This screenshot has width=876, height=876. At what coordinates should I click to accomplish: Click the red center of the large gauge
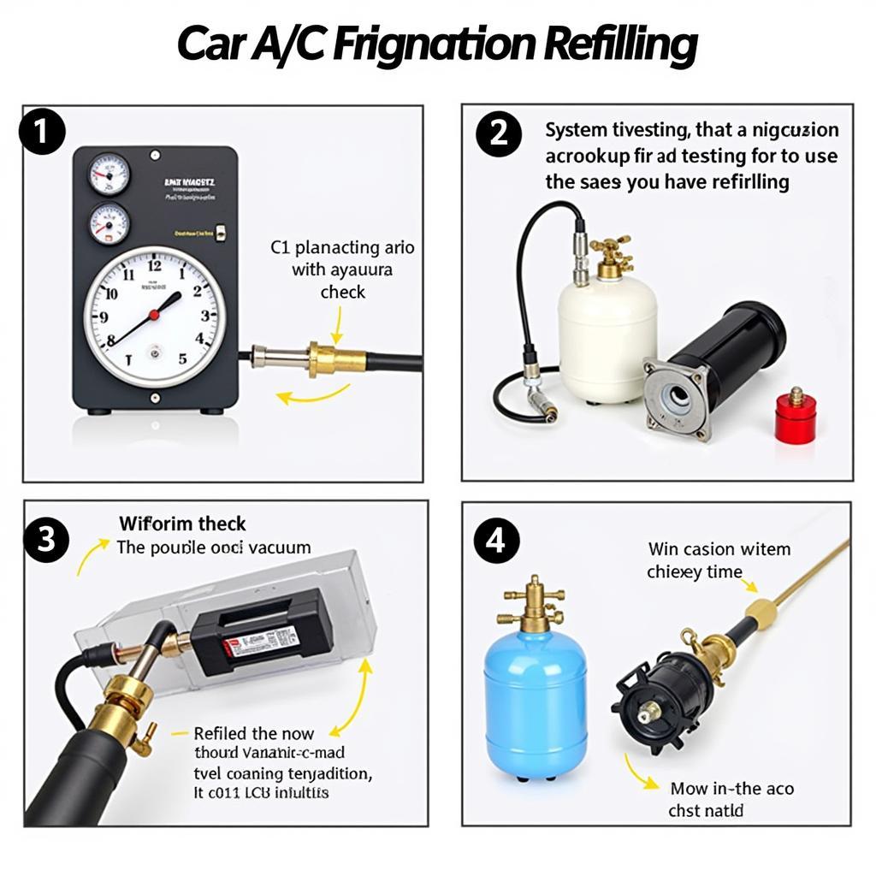[x=154, y=315]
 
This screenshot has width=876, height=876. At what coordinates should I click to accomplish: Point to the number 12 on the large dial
[x=154, y=266]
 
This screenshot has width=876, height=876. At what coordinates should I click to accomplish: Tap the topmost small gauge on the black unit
[x=109, y=175]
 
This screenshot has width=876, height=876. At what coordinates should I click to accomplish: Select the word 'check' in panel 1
[x=343, y=292]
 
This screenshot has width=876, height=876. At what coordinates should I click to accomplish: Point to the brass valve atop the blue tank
[x=535, y=603]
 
